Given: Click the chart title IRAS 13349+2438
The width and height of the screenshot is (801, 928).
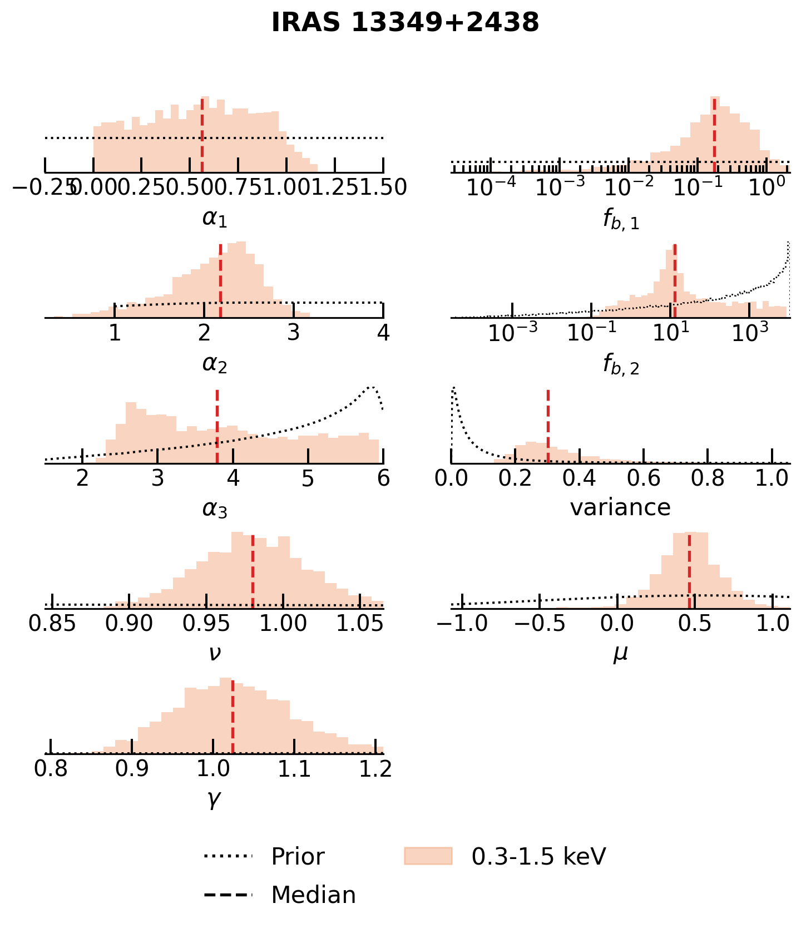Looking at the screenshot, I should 405,23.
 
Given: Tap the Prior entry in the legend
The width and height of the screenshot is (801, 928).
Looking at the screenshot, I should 298,856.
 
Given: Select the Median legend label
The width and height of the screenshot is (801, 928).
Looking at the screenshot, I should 313,895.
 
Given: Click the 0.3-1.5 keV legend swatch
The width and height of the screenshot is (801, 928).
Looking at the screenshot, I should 428,856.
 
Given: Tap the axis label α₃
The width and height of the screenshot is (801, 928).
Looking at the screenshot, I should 215,509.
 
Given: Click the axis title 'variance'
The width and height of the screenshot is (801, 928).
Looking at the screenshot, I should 620,507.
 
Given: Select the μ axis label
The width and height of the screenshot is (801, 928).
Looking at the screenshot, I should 620,653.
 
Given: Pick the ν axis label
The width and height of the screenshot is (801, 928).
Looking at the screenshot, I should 215,653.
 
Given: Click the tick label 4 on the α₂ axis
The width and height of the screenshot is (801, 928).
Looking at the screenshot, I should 383,333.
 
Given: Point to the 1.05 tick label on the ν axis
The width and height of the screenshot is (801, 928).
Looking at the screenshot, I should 360,624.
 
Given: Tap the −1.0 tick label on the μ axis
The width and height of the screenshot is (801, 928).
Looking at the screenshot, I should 462,624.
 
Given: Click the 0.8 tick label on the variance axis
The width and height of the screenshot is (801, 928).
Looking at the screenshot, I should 708,478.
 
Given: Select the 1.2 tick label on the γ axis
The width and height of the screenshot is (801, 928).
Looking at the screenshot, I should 375,769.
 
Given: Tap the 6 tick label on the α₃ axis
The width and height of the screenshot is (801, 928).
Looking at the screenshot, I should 383,478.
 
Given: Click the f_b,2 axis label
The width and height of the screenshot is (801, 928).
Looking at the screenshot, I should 621,364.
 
